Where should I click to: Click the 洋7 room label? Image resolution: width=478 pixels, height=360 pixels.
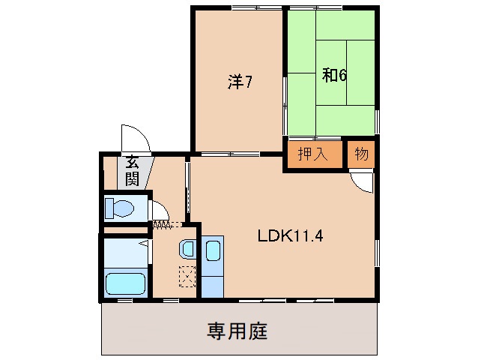[239, 82]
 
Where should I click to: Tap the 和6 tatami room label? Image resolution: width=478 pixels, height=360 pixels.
[333, 76]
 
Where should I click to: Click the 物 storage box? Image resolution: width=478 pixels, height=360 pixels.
[361, 155]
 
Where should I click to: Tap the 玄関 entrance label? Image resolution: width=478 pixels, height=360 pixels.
[133, 169]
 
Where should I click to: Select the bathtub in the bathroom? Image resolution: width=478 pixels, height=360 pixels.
[125, 283]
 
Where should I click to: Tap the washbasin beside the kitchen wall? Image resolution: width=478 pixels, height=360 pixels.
[187, 248]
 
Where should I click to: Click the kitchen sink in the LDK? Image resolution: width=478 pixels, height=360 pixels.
[211, 251]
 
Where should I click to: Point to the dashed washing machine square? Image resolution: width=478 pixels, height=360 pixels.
[187, 276]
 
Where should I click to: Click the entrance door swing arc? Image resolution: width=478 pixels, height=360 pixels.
[135, 138]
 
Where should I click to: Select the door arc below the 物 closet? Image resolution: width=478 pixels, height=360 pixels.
[361, 181]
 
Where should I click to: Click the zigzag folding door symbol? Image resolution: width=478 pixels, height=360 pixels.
[162, 224]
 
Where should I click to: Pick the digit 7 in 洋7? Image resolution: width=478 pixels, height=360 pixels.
[246, 82]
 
